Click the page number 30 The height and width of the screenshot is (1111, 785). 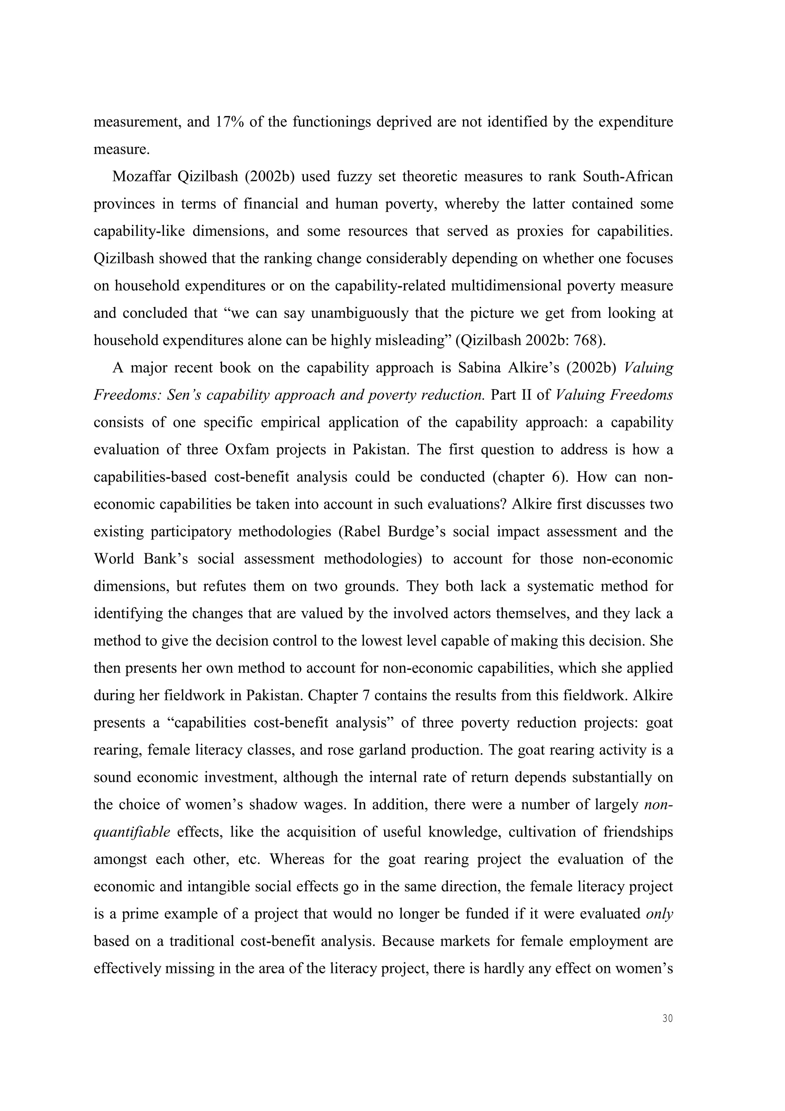tap(667, 1019)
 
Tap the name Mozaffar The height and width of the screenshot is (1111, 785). tap(141, 177)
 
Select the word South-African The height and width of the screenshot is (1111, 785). tap(627, 177)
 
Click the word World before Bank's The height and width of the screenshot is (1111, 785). tap(114, 559)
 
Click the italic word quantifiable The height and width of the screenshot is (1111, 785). tap(131, 832)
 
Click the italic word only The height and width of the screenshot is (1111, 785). tap(659, 914)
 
